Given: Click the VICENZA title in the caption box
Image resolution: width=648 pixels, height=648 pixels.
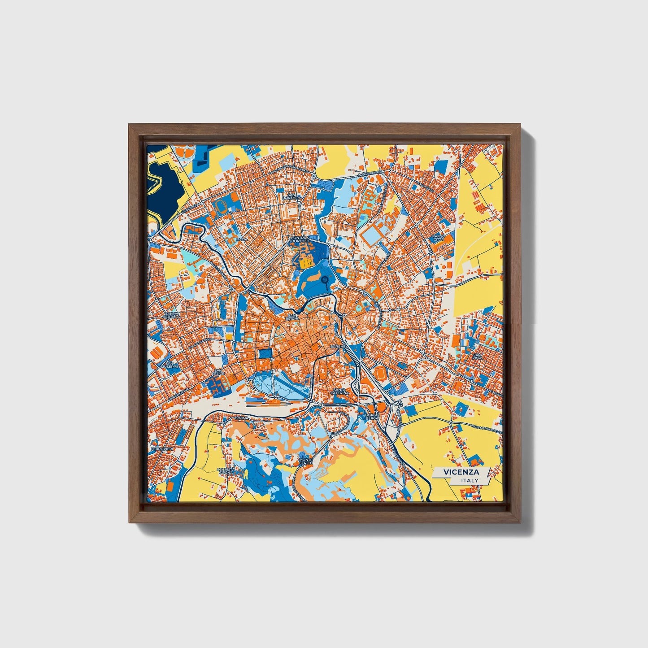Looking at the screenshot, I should point(461,472).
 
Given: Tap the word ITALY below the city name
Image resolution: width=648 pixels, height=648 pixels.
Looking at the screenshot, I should point(469,481).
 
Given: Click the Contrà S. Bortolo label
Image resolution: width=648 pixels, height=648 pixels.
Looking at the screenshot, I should point(300,239).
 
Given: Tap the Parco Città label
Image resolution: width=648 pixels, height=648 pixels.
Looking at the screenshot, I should point(439,238).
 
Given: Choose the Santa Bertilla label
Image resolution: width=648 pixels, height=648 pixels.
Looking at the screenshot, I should point(172,315).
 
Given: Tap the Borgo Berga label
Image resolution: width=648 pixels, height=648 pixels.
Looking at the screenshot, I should point(372,416).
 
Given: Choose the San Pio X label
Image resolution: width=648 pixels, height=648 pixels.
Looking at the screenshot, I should point(477,356).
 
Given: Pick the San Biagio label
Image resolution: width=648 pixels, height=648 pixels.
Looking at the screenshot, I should point(293,317).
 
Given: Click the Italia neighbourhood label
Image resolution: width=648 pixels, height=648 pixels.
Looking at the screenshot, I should point(242,239).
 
